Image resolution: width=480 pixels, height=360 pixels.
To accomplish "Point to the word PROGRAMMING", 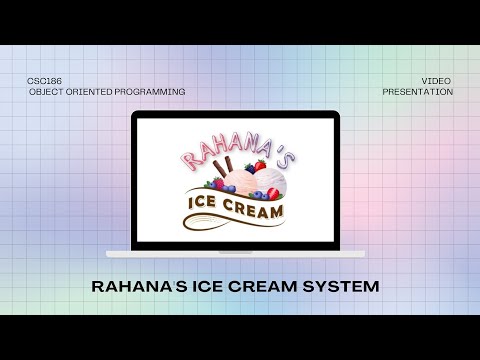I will pos(155,92).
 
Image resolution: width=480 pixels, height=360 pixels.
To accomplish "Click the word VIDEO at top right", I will pos(437,79).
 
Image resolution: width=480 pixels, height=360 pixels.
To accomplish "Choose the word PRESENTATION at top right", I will pos(418,92).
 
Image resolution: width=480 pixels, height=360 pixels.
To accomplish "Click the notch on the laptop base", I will pos(237,245).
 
